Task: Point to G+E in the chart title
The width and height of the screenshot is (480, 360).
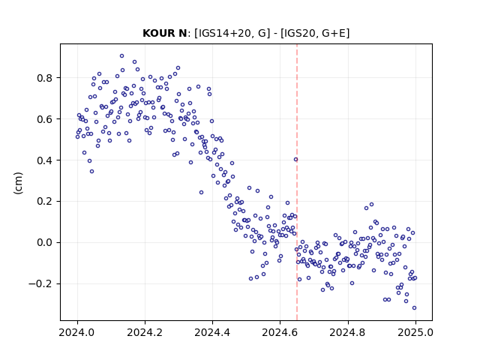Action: [x=333, y=33]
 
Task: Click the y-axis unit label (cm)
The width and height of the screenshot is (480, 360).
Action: [x=18, y=183]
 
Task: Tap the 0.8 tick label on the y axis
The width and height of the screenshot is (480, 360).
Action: [x=45, y=78]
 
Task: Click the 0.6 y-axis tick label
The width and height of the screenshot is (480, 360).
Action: [x=45, y=119]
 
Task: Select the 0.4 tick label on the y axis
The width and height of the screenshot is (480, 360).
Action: [x=45, y=160]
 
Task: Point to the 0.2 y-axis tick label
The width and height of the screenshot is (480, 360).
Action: [x=45, y=202]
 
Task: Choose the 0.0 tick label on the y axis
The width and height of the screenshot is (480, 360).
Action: [x=45, y=243]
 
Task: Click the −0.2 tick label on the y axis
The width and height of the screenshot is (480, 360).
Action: [x=40, y=283]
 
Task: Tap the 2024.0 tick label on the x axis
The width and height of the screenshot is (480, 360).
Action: [x=77, y=332]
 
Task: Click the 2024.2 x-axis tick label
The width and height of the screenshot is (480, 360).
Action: [x=145, y=332]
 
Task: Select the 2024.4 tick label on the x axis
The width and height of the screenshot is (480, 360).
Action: [x=212, y=332]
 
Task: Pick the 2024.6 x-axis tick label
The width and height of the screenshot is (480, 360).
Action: [x=280, y=332]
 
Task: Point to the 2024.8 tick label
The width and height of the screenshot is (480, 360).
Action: [x=348, y=332]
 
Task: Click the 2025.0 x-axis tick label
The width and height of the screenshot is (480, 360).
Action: [x=415, y=332]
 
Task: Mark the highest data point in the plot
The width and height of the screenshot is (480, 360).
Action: [x=121, y=56]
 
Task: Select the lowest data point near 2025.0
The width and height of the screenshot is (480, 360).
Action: [x=414, y=308]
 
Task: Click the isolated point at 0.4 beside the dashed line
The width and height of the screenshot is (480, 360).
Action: [x=295, y=160]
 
